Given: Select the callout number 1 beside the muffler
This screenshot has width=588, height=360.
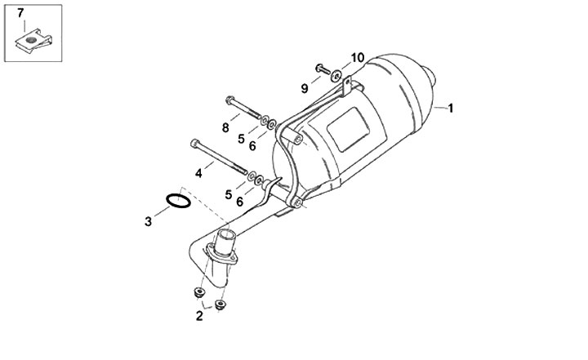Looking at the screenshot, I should click(x=450, y=108).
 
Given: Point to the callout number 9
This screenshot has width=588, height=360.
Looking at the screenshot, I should click(x=304, y=88).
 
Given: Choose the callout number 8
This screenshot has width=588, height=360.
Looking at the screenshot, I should click(x=226, y=127).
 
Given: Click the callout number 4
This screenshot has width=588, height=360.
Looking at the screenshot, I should click(x=198, y=172).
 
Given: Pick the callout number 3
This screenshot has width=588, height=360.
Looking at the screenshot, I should click(x=148, y=220).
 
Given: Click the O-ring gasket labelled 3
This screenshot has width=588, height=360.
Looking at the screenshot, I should click(x=179, y=200).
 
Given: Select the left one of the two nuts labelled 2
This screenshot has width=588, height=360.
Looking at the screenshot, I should click(x=198, y=292).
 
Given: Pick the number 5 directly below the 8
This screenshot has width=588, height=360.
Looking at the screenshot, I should click(x=242, y=139).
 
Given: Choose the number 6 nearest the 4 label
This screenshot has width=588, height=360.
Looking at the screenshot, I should click(x=240, y=201).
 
